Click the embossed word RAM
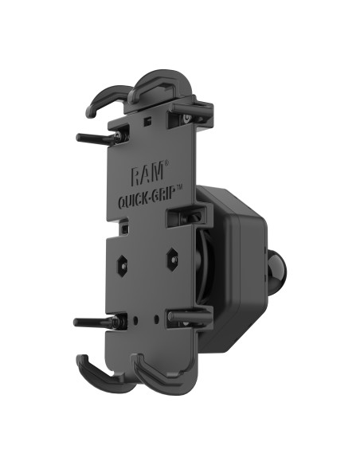tap(143, 172)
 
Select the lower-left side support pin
tap(92, 322)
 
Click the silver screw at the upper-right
tap(186, 119)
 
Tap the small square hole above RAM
tap(151, 123)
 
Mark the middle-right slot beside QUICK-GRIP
tap(179, 215)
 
